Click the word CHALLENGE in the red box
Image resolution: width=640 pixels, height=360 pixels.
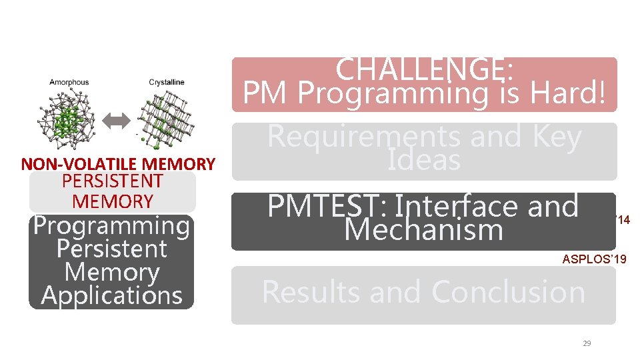[x=419, y=69]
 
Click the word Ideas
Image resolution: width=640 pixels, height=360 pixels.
[x=424, y=161]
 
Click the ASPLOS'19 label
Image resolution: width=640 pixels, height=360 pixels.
[x=595, y=259]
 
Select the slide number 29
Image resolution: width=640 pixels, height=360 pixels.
[x=587, y=343]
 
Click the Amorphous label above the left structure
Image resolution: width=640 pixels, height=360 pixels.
[x=69, y=83]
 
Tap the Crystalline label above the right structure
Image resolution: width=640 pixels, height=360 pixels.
[x=167, y=83]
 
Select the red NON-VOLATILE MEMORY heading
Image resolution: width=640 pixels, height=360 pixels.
[x=118, y=164]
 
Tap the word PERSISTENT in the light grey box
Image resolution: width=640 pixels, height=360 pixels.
[x=112, y=181]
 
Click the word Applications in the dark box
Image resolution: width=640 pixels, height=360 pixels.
[x=112, y=295]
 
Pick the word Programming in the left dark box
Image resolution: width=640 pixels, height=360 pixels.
[x=112, y=226]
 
